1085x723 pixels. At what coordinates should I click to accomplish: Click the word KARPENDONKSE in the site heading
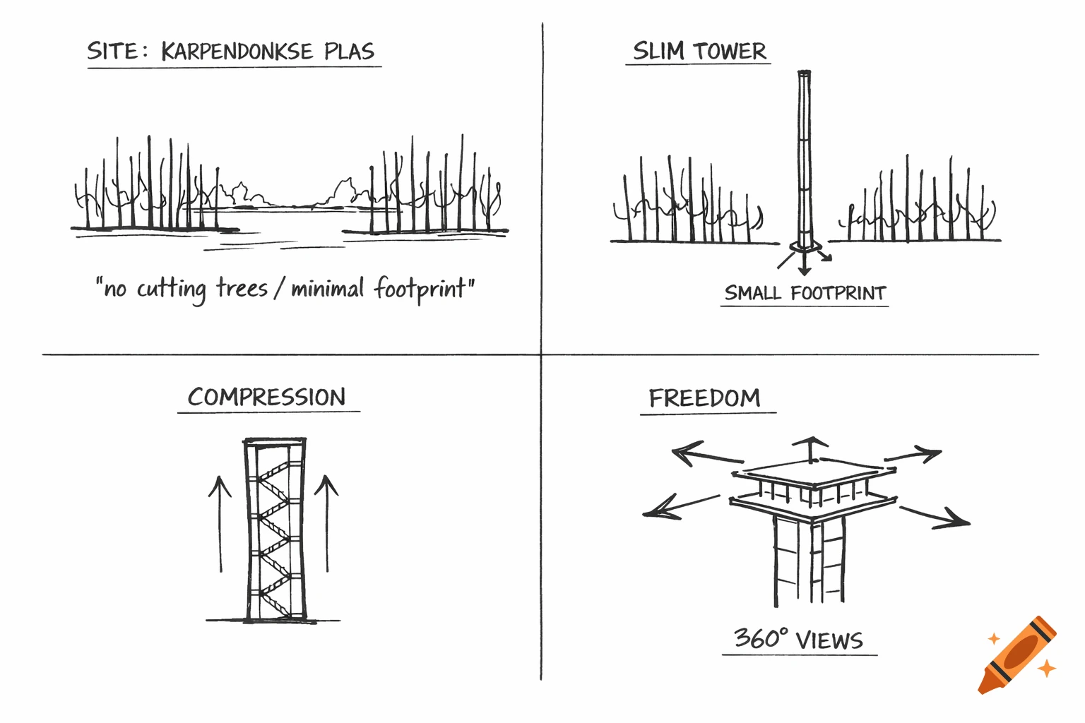pyautogui.click(x=237, y=52)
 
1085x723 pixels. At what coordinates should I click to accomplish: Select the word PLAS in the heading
pyautogui.click(x=349, y=52)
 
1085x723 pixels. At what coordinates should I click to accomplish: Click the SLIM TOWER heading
pyautogui.click(x=699, y=51)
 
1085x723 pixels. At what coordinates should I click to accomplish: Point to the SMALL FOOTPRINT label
pyautogui.click(x=805, y=293)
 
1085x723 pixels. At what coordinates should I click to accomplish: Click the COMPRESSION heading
pyautogui.click(x=267, y=397)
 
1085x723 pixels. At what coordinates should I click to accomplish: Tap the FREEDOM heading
pyautogui.click(x=704, y=398)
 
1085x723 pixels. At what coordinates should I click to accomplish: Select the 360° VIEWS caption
pyautogui.click(x=798, y=639)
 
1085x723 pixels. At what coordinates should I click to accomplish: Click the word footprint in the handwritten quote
pyautogui.click(x=420, y=288)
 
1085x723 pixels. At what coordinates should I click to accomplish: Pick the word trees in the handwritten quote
pyautogui.click(x=242, y=288)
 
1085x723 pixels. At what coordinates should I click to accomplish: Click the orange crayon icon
pyautogui.click(x=1017, y=655)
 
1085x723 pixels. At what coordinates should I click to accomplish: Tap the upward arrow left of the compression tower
pyautogui.click(x=220, y=522)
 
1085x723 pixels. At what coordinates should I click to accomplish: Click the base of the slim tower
pyautogui.click(x=805, y=246)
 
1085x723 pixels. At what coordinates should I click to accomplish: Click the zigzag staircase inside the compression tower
pyautogui.click(x=275, y=530)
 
